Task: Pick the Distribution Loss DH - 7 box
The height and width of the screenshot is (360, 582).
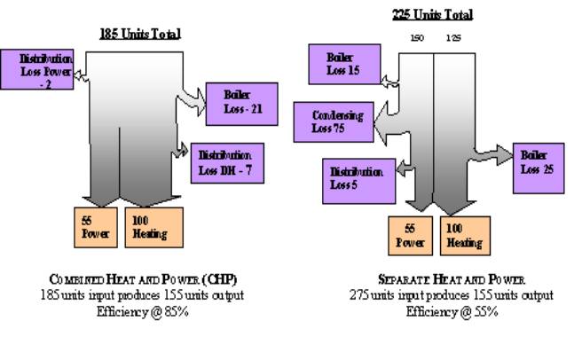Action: pos(228,159)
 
